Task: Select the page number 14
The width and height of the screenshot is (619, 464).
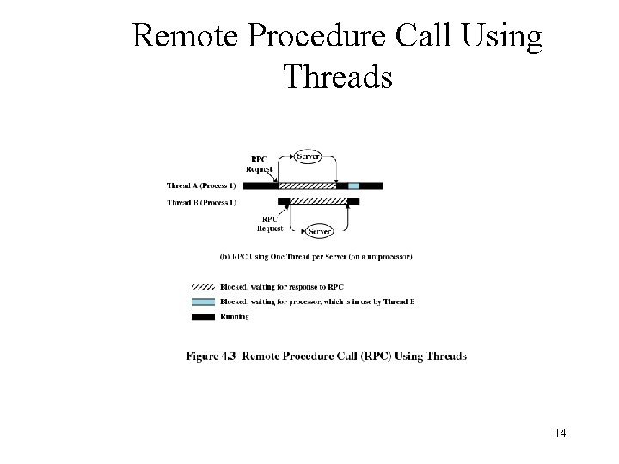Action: (x=560, y=433)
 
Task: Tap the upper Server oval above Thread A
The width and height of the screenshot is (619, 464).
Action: (x=308, y=156)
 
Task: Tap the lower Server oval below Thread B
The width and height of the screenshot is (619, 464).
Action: (x=321, y=231)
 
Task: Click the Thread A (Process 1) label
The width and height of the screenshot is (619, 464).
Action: (x=201, y=186)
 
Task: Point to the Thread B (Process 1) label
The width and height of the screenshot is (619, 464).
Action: (x=201, y=202)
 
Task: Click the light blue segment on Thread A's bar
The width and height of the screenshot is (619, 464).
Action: (x=354, y=186)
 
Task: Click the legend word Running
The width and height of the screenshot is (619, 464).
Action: (x=235, y=317)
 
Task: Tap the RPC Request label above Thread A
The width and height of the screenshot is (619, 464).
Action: (x=258, y=164)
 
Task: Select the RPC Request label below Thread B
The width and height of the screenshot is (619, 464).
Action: (x=270, y=223)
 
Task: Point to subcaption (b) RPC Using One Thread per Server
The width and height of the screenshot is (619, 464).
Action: (x=316, y=256)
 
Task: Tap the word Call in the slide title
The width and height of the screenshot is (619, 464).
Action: (x=424, y=36)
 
